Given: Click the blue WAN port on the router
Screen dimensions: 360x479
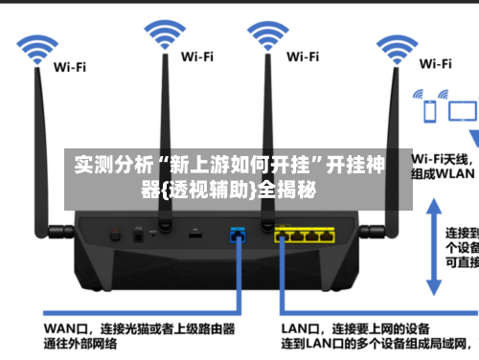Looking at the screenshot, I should point(237,207).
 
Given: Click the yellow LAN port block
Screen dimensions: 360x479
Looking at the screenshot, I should point(305,207).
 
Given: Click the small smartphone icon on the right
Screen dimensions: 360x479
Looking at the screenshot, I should point(430,111).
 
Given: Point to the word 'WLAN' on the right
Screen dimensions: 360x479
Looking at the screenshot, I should point(455,174).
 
